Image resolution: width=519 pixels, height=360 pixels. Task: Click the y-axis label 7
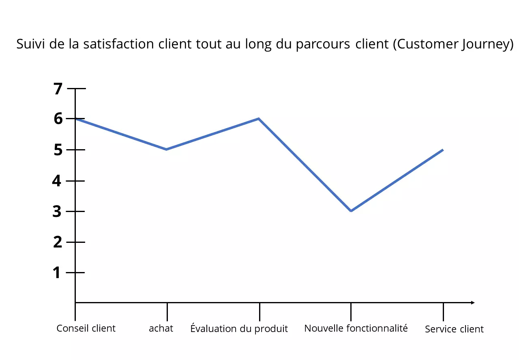point(58,88)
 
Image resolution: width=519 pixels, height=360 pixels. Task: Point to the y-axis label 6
point(58,119)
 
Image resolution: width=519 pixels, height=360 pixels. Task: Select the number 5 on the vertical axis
point(58,150)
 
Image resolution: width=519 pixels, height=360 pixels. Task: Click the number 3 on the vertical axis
point(58,211)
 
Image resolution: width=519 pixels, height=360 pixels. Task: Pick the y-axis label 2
point(58,242)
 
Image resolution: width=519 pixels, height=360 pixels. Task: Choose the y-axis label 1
point(57,272)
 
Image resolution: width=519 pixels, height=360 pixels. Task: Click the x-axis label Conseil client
point(86,328)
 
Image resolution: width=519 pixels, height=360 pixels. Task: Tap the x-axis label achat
point(161,328)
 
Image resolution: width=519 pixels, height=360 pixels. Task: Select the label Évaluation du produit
point(239,328)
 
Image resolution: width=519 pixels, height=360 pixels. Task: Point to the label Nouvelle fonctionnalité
point(356,328)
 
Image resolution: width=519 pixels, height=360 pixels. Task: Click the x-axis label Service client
point(454,329)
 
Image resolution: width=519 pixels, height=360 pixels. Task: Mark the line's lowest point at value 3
point(351,211)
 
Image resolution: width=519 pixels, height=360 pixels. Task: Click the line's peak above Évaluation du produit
point(259,119)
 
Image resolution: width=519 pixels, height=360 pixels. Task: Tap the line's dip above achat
point(167,149)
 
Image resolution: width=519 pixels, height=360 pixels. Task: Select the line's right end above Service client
point(442,150)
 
